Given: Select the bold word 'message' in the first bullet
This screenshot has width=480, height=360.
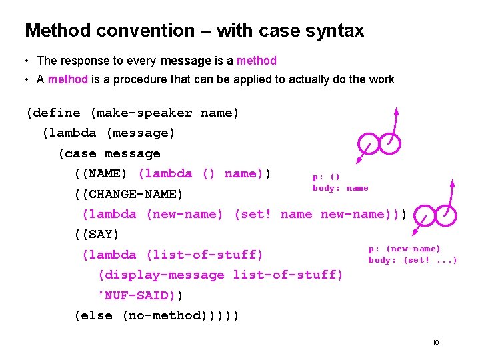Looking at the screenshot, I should [x=185, y=61].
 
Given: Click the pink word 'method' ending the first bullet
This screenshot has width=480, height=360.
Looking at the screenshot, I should [x=256, y=61].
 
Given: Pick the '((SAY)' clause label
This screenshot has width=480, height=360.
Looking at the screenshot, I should [x=96, y=235].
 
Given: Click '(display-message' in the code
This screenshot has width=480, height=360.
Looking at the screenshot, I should [x=161, y=275].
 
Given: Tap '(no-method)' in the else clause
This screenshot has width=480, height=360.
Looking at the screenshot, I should [x=169, y=315].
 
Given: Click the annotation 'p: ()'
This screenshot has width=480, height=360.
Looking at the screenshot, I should [x=326, y=177].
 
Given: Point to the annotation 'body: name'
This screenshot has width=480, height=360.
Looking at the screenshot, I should [x=340, y=188].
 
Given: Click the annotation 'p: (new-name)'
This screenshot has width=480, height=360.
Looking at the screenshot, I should [x=404, y=249].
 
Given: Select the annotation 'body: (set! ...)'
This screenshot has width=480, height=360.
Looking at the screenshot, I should [x=413, y=260].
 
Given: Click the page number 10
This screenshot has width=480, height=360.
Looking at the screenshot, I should [x=435, y=343].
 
